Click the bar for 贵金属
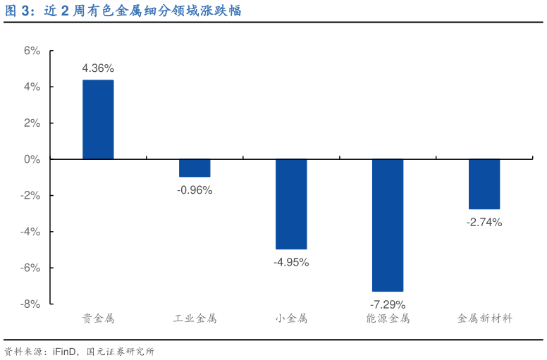[x=98, y=120]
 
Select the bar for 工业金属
[x=195, y=168]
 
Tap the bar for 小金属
[x=291, y=204]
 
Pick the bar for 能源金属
[x=388, y=225]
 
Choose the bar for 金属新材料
[x=484, y=184]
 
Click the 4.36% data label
[x=98, y=68]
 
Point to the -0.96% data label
[x=195, y=190]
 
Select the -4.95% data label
[x=291, y=262]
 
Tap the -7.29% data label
[x=388, y=304]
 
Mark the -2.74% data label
[x=484, y=222]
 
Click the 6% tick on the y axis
[x=32, y=51]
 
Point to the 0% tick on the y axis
[x=32, y=159]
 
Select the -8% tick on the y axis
[x=30, y=304]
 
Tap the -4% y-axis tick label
[x=30, y=231]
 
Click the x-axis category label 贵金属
[x=98, y=318]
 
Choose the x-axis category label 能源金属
[x=388, y=318]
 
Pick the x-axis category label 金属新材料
[x=484, y=318]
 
